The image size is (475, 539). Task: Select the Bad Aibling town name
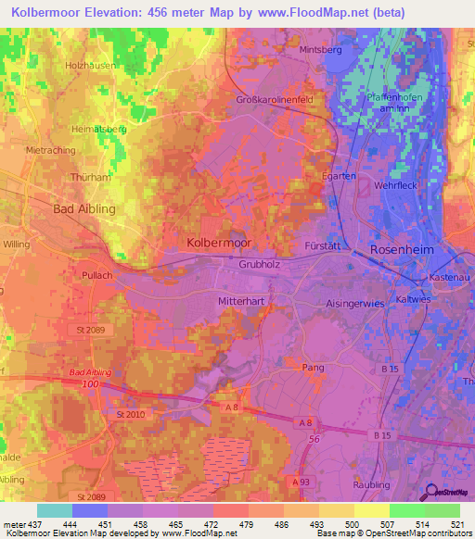pos(84,208)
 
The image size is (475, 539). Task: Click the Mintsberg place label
pos(321,49)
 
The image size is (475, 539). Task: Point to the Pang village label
pos(314,367)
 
